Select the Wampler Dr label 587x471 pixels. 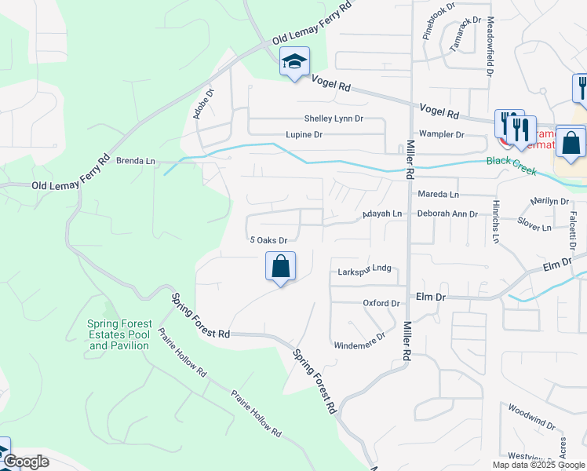point(441,134)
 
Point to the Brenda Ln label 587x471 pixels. point(136,161)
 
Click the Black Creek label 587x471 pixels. point(509,161)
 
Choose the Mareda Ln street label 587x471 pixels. point(438,194)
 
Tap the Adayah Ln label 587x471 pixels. point(381,214)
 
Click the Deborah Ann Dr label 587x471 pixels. point(447,214)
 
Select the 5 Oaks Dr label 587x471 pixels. point(268,240)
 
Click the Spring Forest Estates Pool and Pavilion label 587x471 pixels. point(118,334)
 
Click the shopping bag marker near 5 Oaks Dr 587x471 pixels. point(280,267)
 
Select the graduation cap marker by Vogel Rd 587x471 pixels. point(294,62)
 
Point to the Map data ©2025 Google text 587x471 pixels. point(538,465)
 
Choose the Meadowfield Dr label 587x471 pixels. point(489,46)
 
